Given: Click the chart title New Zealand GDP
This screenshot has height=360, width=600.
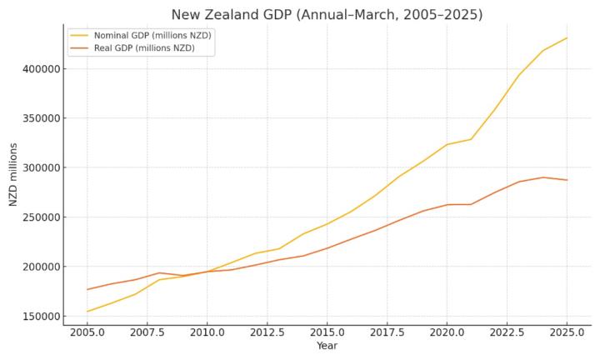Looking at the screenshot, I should click(327, 14).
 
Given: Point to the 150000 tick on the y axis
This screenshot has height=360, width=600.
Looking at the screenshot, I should click(39, 317).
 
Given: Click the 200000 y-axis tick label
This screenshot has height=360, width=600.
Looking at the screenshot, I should click(39, 267).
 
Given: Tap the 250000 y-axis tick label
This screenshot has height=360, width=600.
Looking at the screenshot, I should click(39, 217).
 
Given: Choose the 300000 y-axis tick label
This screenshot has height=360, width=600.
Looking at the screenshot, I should click(39, 167).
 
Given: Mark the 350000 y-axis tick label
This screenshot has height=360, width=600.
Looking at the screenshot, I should click(39, 118).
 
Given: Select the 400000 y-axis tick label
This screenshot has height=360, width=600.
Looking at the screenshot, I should click(39, 69).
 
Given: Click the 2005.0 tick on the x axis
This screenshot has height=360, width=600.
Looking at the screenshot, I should click(87, 332).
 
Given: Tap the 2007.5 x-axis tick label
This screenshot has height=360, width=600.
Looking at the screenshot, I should click(147, 332).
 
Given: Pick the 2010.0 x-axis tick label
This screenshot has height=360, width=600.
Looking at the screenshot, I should click(207, 332).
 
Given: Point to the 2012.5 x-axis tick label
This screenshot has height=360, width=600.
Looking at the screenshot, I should click(267, 332).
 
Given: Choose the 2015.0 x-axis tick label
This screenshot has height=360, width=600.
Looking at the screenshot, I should click(327, 332).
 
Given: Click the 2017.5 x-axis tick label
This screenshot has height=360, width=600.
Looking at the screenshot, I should click(387, 332).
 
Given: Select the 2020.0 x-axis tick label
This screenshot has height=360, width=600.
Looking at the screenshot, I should click(447, 332).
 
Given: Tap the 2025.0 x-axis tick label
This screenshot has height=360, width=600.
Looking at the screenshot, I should click(567, 332).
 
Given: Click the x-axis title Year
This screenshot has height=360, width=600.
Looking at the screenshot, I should click(327, 346).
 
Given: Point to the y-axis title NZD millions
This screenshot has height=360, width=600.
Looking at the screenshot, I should click(13, 174).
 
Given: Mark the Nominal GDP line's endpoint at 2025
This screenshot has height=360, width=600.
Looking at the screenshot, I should click(567, 37).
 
